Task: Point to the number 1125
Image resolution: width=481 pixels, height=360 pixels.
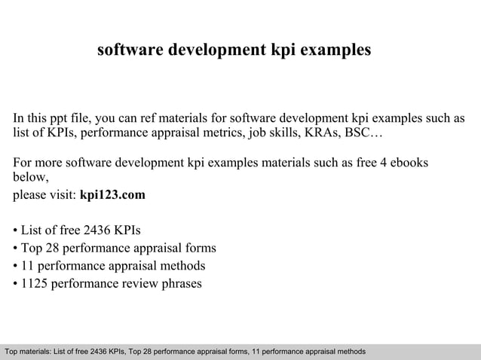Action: pyautogui.click(x=36, y=284)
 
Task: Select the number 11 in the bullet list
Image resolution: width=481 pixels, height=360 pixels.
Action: pyautogui.click(x=29, y=266)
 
